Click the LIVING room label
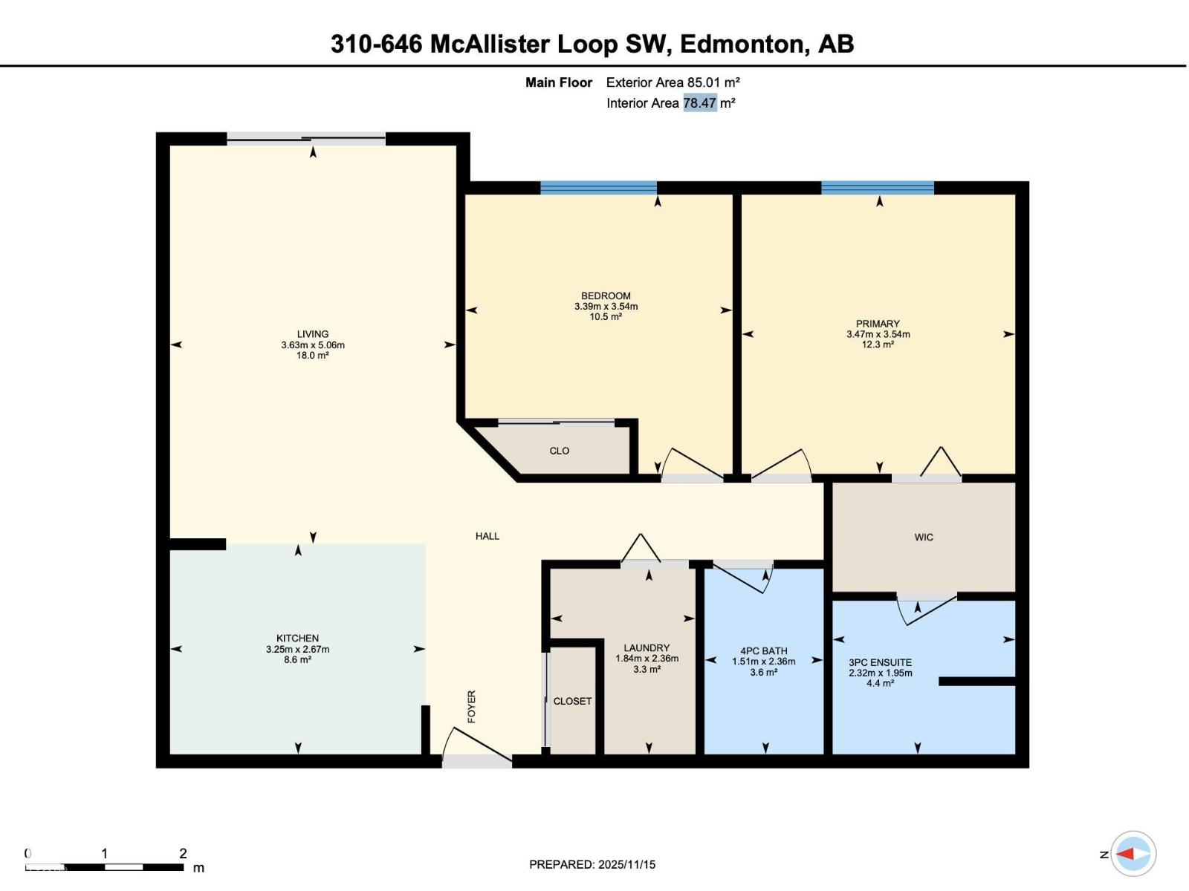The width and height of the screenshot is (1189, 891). (313, 334)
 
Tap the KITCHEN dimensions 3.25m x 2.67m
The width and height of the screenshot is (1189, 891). (297, 649)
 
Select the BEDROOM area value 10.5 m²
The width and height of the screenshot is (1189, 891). (606, 316)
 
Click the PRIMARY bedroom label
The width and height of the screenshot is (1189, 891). (878, 324)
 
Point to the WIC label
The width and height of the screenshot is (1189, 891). (924, 537)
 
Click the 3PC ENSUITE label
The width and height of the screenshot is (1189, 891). (880, 662)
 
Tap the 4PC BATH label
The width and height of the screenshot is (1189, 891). (764, 650)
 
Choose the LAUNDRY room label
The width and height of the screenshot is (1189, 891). (647, 647)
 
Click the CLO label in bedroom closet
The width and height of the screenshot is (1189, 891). (560, 451)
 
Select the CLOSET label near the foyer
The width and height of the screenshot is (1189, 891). (572, 701)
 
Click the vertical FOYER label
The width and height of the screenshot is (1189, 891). (471, 706)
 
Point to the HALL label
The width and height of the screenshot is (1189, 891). (487, 536)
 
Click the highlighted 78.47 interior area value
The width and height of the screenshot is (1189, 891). (699, 103)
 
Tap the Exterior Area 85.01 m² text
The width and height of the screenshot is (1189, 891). (673, 82)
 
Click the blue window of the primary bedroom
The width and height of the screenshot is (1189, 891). (877, 188)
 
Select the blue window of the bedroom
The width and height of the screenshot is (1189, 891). (598, 188)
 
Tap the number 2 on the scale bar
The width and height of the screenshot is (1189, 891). (183, 853)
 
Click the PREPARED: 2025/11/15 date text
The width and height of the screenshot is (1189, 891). (592, 864)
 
